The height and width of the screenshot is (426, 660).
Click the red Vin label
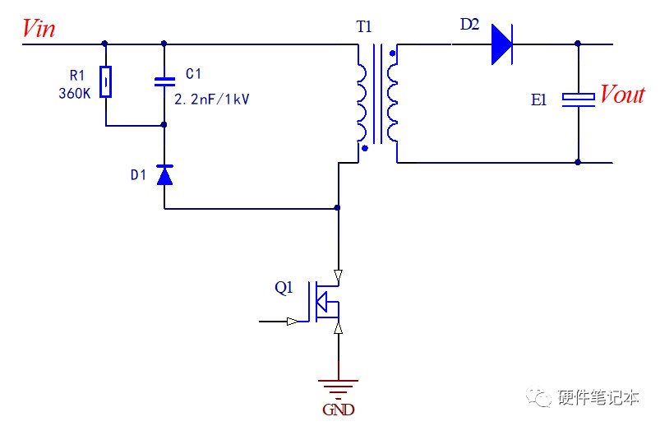pyautogui.click(x=39, y=29)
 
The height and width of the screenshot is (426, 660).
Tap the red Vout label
pyautogui.click(x=622, y=94)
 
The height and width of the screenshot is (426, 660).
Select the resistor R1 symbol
pyautogui.click(x=106, y=81)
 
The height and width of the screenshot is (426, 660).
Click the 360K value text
pyautogui.click(x=75, y=93)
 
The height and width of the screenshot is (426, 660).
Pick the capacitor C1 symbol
pyautogui.click(x=164, y=81)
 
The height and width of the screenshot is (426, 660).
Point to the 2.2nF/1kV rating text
pyautogui.click(x=212, y=100)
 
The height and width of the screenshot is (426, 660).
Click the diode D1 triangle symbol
pyautogui.click(x=164, y=175)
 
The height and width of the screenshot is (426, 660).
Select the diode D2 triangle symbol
pyautogui.click(x=502, y=44)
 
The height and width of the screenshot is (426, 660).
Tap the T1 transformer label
pyautogui.click(x=364, y=27)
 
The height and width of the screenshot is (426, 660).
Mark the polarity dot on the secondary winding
pyautogui.click(x=393, y=53)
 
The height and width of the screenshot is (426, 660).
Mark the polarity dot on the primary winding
pyautogui.click(x=365, y=148)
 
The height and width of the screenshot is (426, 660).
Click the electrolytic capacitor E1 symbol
pyautogui.click(x=579, y=100)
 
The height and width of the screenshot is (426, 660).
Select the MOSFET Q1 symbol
pyautogui.click(x=324, y=302)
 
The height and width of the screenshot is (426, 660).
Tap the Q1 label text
pyautogui.click(x=284, y=287)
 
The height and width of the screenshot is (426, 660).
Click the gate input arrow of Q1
pyautogui.click(x=293, y=322)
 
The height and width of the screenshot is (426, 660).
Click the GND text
pyautogui.click(x=339, y=410)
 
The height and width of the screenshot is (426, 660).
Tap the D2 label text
pyautogui.click(x=470, y=25)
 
